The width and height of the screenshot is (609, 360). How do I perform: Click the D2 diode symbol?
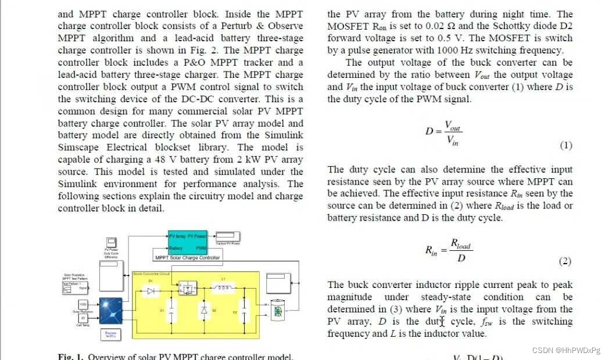tap(203, 311)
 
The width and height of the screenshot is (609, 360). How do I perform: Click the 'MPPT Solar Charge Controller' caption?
tap(187, 257)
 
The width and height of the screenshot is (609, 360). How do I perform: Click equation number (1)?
tap(565, 146)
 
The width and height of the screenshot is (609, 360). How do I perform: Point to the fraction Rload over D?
tap(461, 250)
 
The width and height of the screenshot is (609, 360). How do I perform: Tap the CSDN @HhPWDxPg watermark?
tap(567, 350)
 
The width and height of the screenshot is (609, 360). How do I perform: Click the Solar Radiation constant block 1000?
tap(83, 304)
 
